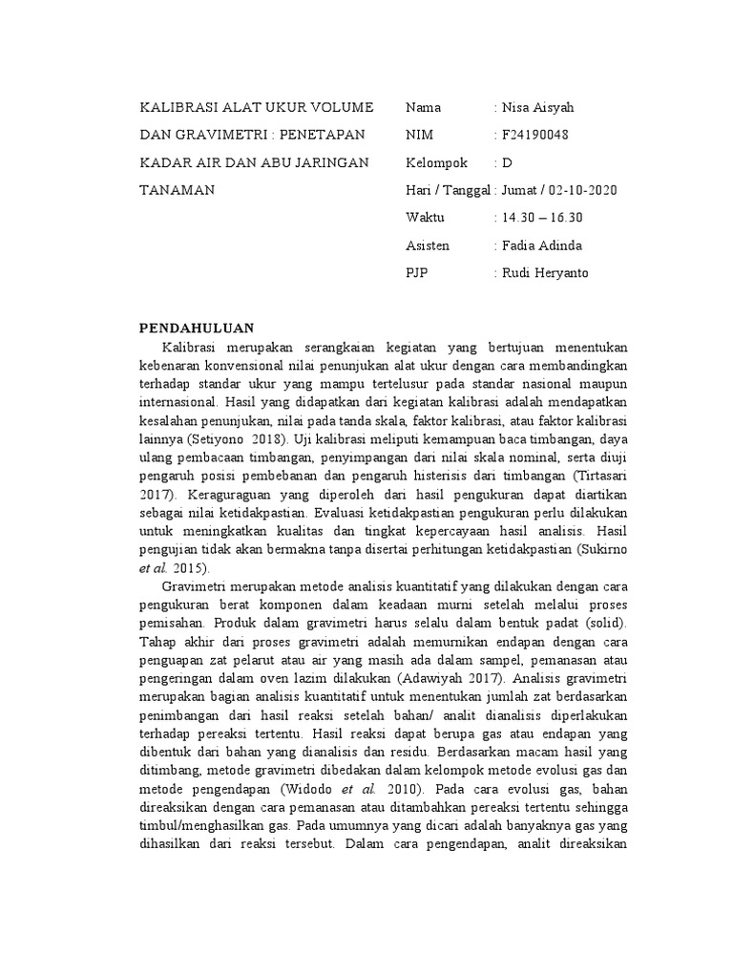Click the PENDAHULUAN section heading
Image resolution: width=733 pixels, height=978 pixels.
197,328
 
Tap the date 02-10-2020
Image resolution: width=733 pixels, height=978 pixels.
583,190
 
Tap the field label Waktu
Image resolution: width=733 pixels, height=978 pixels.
426,218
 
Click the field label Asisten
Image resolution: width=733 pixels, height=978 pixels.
428,245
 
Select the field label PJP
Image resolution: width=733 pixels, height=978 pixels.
417,273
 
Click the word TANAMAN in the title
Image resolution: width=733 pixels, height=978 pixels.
177,190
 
